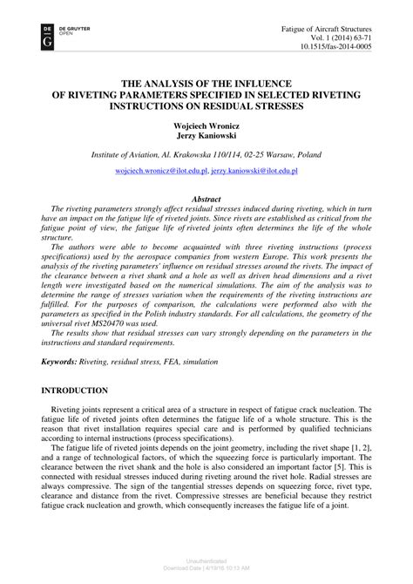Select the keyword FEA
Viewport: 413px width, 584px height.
(x=173, y=360)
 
